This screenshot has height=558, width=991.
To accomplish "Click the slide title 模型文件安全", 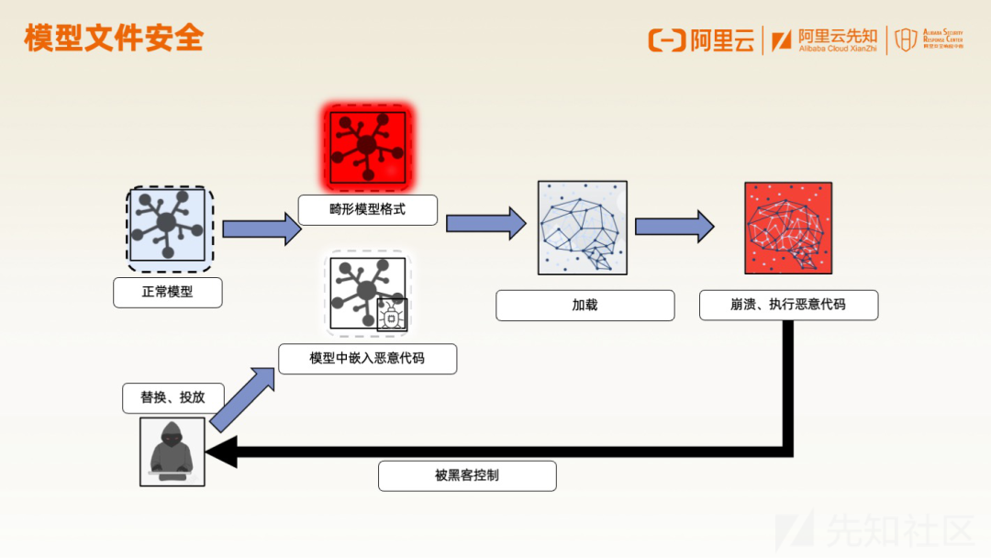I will point(114,39).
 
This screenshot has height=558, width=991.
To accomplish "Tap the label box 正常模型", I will point(168,293).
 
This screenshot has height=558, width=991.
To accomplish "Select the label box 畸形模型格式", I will point(367,210).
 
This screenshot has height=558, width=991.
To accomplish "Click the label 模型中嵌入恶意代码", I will point(367,358).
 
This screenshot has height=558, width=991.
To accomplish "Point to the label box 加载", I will point(585,305).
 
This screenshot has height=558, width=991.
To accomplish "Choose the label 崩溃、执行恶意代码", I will point(788,305).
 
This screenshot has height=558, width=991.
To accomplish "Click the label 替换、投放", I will point(173,397).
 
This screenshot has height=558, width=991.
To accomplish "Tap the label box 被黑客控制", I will point(467,475).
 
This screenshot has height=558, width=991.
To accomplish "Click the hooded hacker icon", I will point(173,452).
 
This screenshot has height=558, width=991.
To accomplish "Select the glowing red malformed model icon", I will point(367,145).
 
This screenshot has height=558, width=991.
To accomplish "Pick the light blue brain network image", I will point(583,228).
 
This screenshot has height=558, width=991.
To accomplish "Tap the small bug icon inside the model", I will point(392,316).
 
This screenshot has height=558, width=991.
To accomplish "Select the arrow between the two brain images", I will point(674,226).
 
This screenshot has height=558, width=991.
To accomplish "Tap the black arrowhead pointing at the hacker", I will point(222,452).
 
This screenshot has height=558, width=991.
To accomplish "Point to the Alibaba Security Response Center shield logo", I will point(906,39).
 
